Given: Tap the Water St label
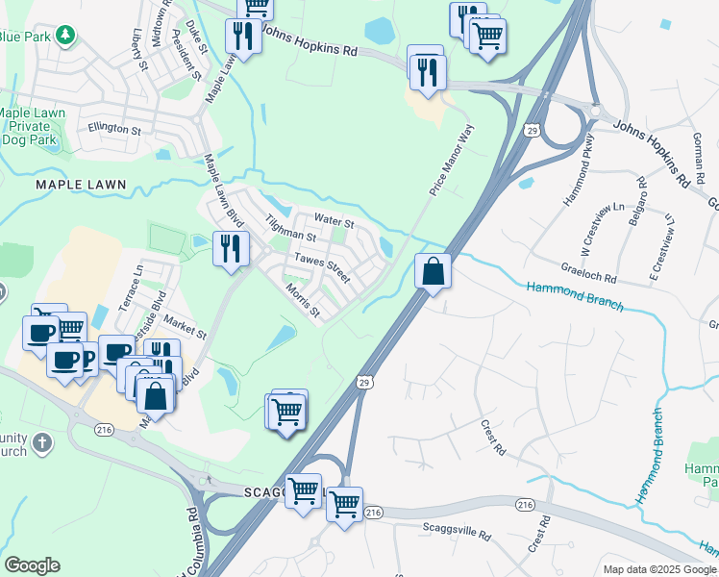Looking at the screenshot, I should tap(335, 222).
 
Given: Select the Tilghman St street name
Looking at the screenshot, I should tap(291, 229).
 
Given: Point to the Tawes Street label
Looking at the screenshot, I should tap(322, 266).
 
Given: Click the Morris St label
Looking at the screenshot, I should tap(301, 300).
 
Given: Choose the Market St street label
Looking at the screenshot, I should tap(186, 327).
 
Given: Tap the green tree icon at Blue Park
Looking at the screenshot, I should tap(64, 36).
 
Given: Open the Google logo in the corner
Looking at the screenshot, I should tap(32, 565).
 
